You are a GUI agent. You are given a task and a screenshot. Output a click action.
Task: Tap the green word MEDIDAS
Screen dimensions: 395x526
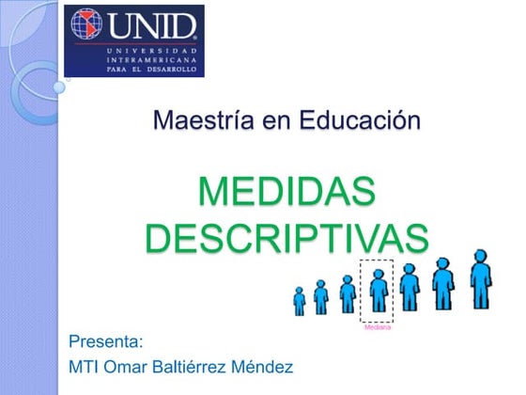pyautogui.click(x=286, y=194)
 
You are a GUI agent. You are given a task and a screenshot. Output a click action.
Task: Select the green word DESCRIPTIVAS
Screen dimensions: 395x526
pyautogui.click(x=286, y=236)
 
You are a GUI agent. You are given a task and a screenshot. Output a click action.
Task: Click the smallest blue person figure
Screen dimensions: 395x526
pyautogui.click(x=300, y=301)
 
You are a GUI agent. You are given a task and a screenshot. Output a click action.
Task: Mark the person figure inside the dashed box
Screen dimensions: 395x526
pyautogui.click(x=378, y=292)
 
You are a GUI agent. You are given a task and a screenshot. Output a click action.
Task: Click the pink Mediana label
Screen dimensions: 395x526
pyautogui.click(x=378, y=326)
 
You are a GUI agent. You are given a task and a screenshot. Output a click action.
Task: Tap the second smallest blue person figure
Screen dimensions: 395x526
pyautogui.click(x=321, y=297)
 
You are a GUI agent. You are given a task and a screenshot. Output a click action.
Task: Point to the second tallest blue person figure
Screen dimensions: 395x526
pyautogui.click(x=442, y=284)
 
